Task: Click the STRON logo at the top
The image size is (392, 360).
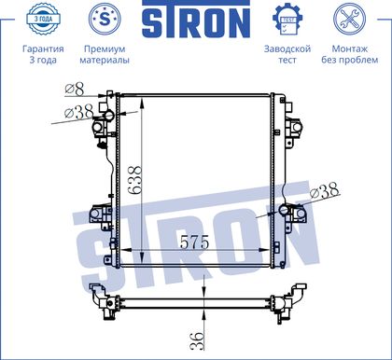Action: (x=196, y=20)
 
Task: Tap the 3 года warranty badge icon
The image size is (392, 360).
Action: (x=43, y=19)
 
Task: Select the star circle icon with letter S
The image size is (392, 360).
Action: (x=105, y=19)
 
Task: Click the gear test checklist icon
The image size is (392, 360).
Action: (x=287, y=20)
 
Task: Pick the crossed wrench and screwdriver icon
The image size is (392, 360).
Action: (x=349, y=19)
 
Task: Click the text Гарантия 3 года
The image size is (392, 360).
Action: (x=43, y=54)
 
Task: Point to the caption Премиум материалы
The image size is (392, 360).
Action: (x=105, y=54)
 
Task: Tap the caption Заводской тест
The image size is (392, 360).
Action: (x=287, y=54)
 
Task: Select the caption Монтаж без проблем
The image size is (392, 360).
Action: (x=350, y=54)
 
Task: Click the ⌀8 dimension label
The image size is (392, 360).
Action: (x=75, y=90)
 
